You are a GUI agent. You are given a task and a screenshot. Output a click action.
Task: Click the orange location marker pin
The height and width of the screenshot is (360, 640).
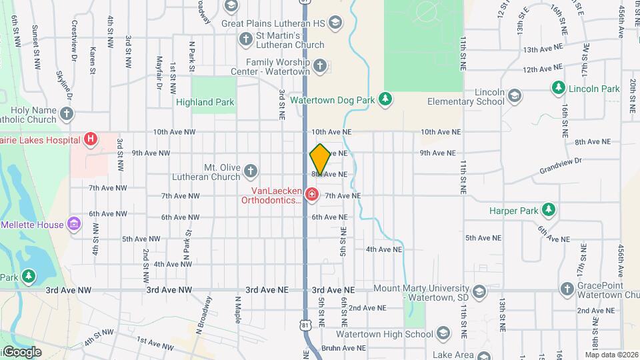click(320, 159)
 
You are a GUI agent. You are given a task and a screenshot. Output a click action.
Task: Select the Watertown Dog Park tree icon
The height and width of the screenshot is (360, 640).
click(385, 99)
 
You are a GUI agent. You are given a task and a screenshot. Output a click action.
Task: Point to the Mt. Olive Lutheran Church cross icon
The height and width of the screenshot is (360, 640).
click(251, 171)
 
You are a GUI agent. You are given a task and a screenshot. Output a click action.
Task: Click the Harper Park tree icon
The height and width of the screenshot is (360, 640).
click(548, 211)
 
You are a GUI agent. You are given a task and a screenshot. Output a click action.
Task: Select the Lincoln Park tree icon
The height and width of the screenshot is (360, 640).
click(558, 88)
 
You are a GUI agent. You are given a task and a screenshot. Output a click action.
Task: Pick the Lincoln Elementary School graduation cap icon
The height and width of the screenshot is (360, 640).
click(514, 97)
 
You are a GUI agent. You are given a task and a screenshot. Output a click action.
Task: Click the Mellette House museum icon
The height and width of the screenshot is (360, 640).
click(74, 225)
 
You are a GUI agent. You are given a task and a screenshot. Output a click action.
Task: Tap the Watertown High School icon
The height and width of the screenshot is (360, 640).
click(444, 334)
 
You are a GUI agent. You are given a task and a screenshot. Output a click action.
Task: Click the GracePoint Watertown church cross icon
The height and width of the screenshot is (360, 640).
click(567, 289)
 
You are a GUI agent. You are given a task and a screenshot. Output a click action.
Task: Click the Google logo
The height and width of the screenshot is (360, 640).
click(22, 352)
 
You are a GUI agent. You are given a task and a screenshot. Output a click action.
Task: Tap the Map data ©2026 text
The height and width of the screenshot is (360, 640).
click(611, 355)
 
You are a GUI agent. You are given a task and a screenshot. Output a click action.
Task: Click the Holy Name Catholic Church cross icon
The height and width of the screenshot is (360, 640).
click(66, 114)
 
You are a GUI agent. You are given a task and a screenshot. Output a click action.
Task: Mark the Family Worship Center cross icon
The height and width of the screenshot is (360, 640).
click(321, 66)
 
